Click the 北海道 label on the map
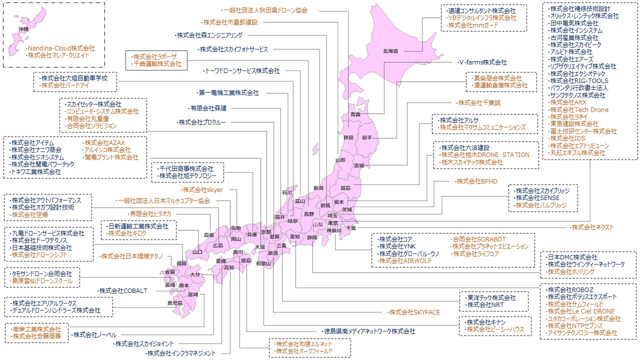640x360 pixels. tap(390, 51)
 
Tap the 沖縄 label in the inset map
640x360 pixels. tap(23, 29)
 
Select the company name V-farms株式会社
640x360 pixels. tap(482, 62)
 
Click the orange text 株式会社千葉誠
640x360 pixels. tap(478, 102)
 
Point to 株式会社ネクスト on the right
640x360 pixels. tap(592, 227)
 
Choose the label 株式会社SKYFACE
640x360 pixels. tap(414, 312)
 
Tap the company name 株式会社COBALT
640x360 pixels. tap(123, 290)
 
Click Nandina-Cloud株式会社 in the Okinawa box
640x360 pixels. tap(61, 48)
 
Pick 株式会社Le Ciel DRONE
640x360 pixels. tap(580, 311)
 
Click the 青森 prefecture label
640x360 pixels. tap(355, 115)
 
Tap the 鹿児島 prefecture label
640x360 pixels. tap(174, 303)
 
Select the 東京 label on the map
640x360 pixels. tap(333, 223)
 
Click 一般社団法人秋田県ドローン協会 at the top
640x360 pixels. tap(265, 10)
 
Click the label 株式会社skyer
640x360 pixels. tap(202, 190)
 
